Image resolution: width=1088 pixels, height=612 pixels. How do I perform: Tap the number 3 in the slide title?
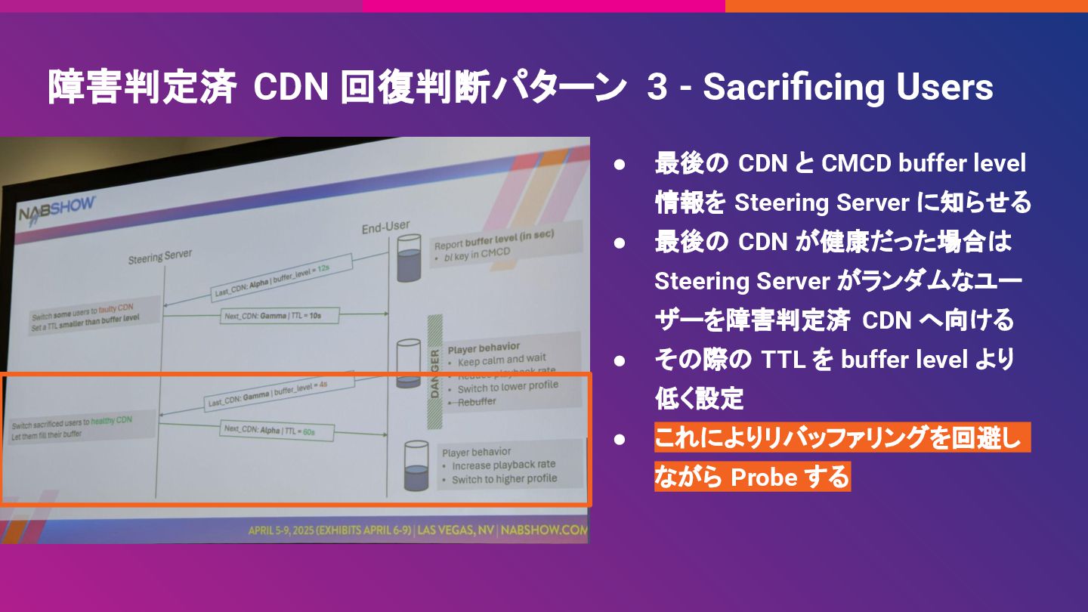click(657, 88)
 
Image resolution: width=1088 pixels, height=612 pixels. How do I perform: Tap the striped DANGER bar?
click(434, 362)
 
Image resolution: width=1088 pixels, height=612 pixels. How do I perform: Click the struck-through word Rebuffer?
click(478, 402)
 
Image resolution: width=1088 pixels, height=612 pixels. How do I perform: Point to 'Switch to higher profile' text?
click(504, 479)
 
